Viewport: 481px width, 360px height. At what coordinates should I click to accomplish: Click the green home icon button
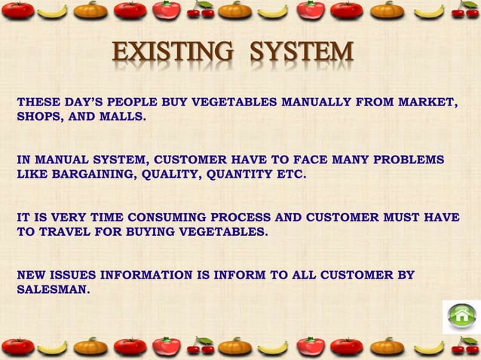(x=461, y=316)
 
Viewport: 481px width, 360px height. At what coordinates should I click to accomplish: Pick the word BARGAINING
(x=90, y=174)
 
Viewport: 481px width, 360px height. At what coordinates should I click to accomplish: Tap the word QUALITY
(x=173, y=174)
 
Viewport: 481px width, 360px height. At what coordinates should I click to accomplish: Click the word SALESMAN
(x=52, y=288)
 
